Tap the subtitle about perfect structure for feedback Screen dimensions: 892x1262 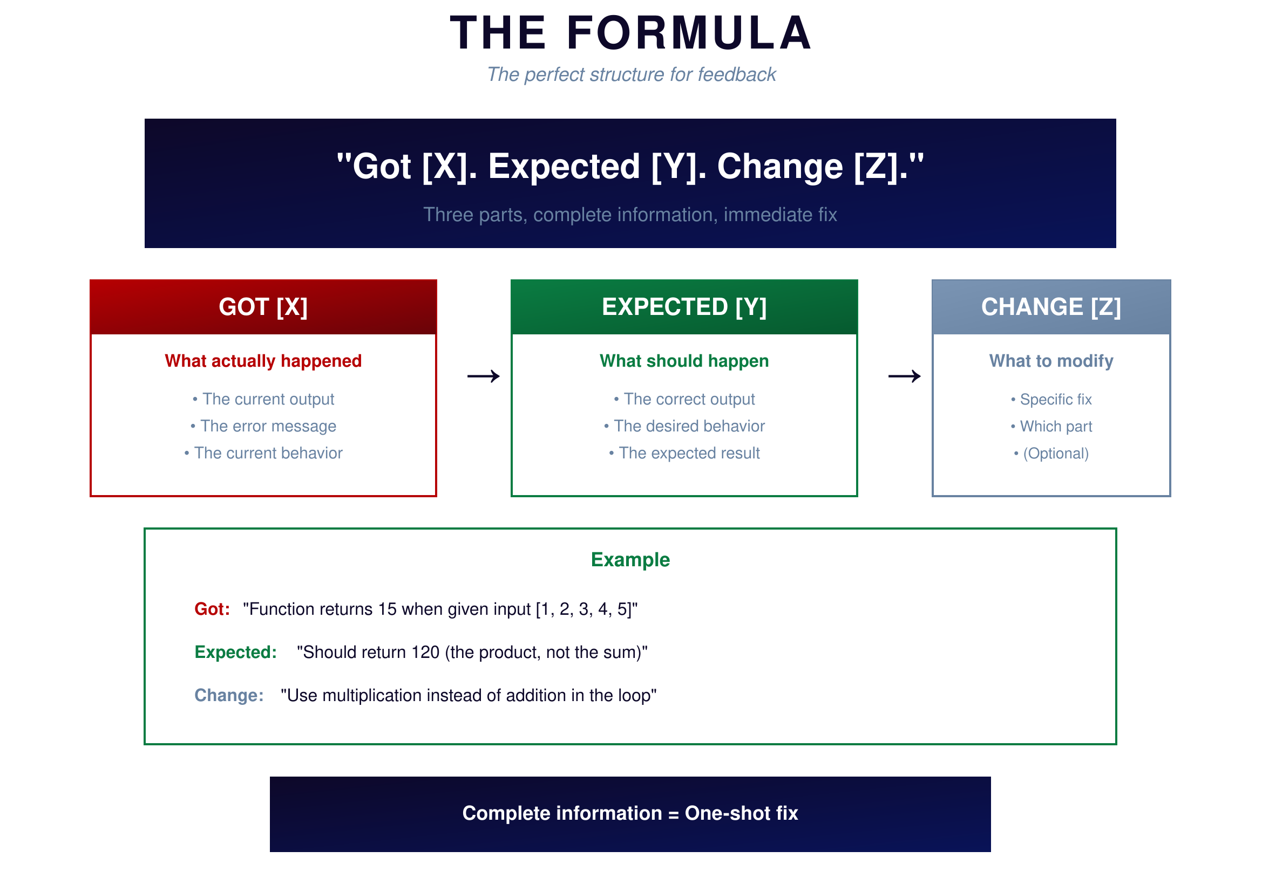(x=631, y=75)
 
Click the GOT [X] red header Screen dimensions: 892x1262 (x=263, y=307)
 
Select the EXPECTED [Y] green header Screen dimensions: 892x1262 (x=684, y=307)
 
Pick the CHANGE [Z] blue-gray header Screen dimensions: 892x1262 (x=1051, y=307)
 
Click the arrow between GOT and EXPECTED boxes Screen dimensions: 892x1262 (x=483, y=376)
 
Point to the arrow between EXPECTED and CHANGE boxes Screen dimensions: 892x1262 (x=904, y=376)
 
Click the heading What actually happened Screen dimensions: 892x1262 (x=263, y=361)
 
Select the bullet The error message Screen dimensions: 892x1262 (x=263, y=426)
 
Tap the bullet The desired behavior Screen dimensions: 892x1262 (x=684, y=426)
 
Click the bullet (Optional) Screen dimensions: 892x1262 (x=1051, y=454)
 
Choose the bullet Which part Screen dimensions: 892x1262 (x=1051, y=426)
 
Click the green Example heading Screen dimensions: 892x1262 (x=630, y=560)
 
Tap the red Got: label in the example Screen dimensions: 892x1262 (x=212, y=609)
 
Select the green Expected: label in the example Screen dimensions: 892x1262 (x=236, y=652)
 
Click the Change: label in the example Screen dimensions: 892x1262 (x=229, y=695)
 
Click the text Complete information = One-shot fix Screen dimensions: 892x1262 (x=630, y=813)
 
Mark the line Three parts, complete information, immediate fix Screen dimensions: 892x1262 (x=630, y=215)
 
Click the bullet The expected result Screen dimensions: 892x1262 (x=684, y=453)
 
